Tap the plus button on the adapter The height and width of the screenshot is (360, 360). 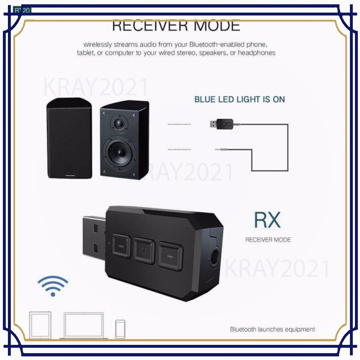pyautogui.click(x=170, y=256)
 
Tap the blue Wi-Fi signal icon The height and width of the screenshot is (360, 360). pyautogui.click(x=53, y=286)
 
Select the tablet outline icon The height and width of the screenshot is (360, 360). pyautogui.click(x=40, y=325)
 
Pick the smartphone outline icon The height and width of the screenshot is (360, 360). pyautogui.click(x=120, y=328)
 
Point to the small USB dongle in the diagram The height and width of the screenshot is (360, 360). pyautogui.click(x=220, y=125)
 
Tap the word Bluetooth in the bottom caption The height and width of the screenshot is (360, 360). pyautogui.click(x=243, y=329)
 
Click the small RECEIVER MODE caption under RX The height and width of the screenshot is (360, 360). pyautogui.click(x=268, y=240)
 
